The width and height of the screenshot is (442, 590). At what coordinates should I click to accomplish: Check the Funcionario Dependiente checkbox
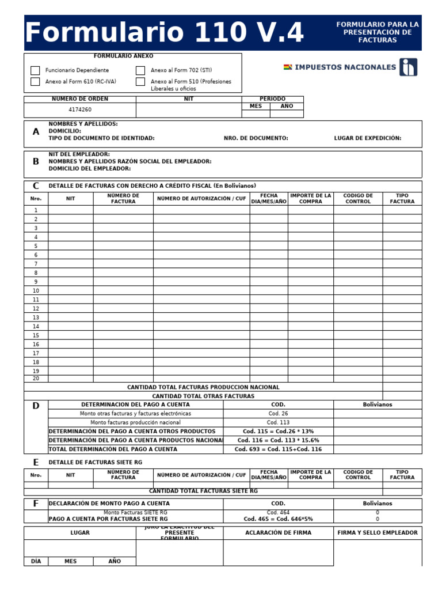[35, 70]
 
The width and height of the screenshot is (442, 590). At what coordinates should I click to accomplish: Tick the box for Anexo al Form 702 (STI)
[140, 70]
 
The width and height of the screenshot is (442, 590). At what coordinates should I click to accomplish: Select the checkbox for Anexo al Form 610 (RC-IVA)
[35, 82]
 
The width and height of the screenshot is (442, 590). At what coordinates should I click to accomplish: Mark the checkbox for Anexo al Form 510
[140, 82]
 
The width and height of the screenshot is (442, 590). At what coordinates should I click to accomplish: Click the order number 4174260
[80, 109]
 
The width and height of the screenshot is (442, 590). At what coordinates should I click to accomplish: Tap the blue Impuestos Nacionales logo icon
[409, 67]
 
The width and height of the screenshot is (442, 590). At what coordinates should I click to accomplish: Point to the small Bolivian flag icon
[288, 67]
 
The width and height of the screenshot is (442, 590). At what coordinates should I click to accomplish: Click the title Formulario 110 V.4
[165, 33]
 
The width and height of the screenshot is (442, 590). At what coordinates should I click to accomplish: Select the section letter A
[36, 132]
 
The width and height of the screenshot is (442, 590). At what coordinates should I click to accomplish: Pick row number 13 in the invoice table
[36, 317]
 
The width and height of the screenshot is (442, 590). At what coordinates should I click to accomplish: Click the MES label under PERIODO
[256, 106]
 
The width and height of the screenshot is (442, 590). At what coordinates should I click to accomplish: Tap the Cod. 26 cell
[278, 414]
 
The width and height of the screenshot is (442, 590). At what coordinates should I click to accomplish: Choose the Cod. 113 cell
[278, 422]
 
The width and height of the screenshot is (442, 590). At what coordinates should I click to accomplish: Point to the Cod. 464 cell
[278, 512]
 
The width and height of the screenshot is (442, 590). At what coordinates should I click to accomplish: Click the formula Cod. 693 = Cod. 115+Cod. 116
[278, 449]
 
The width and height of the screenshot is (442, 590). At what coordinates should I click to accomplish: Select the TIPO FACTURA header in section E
[402, 475]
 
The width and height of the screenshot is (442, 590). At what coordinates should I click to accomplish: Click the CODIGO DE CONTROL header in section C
[358, 199]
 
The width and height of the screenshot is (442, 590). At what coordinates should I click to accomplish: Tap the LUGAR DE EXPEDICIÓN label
[368, 138]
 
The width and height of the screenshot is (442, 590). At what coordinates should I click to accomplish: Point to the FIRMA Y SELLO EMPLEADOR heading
[378, 533]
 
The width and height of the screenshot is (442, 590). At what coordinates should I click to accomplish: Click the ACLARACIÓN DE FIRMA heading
[278, 533]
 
